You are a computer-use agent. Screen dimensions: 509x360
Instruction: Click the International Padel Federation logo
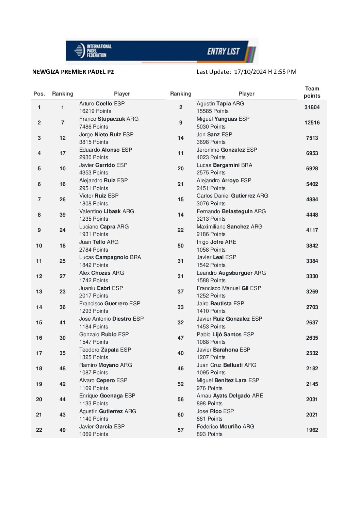(93, 51)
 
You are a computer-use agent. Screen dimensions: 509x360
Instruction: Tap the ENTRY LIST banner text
(224, 51)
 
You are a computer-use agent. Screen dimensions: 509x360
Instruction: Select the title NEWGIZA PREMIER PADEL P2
(73, 72)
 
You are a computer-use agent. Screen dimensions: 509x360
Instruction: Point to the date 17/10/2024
(250, 72)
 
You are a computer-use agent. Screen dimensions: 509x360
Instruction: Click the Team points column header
(312, 92)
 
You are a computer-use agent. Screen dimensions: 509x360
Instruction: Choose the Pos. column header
(39, 94)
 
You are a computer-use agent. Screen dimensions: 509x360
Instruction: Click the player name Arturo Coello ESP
(102, 104)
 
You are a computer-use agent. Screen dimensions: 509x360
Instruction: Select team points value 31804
(312, 107)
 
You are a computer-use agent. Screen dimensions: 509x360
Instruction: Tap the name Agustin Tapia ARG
(220, 104)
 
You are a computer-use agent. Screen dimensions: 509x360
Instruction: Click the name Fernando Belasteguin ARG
(231, 211)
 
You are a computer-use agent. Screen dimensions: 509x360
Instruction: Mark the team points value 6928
(312, 169)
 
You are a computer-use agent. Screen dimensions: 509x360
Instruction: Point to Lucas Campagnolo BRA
(110, 257)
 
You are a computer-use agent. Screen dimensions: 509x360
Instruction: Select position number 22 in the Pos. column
(39, 430)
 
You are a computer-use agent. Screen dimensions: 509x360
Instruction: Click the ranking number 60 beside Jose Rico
(181, 415)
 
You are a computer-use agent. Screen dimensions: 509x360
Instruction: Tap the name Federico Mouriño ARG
(225, 427)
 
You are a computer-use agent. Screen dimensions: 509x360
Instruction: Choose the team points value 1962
(312, 430)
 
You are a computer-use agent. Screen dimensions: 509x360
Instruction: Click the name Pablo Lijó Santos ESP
(225, 335)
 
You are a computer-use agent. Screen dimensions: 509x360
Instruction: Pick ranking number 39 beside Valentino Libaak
(63, 215)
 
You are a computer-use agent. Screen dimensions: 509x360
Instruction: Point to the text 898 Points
(209, 404)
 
